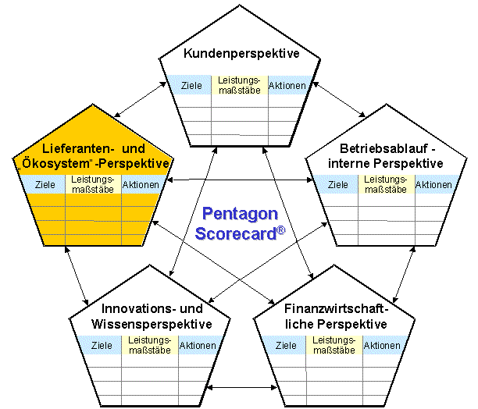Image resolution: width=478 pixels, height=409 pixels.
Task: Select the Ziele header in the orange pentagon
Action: point(45,185)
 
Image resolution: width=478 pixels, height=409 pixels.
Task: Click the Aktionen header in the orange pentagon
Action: point(141,185)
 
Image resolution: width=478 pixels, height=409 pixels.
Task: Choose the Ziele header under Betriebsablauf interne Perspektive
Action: point(339,185)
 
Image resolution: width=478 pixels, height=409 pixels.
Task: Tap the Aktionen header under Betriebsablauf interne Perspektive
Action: point(433,185)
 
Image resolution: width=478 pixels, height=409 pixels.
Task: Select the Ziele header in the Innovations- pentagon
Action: point(102,345)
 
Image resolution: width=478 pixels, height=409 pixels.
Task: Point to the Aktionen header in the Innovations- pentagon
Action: point(198,345)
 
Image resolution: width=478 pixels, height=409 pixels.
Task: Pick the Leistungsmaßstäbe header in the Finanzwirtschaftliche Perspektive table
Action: point(334,345)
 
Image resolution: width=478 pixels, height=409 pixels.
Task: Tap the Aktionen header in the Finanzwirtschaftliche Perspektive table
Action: point(382,345)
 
